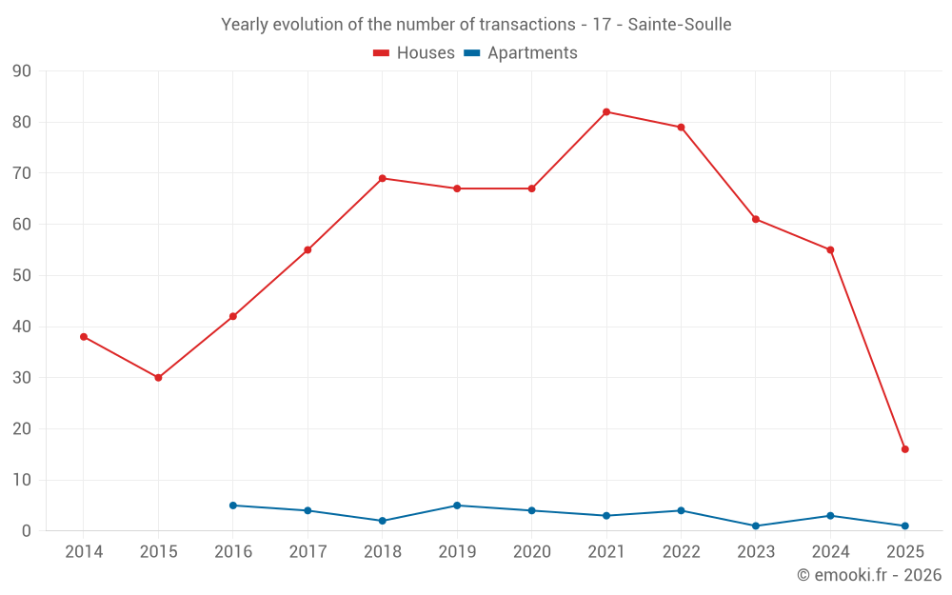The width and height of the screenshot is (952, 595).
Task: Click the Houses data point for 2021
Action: [x=606, y=112]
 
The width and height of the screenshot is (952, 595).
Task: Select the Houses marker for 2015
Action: [x=158, y=378]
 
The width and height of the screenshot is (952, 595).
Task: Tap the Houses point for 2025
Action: [x=904, y=449]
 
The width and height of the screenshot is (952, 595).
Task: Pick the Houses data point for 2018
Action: [x=382, y=178]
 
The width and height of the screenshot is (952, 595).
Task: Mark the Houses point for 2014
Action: [x=84, y=337]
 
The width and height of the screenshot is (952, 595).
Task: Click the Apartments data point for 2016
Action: [x=233, y=506]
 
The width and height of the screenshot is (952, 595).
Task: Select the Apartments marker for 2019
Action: [x=457, y=506]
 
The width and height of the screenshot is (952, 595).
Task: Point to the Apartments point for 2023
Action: [x=756, y=526]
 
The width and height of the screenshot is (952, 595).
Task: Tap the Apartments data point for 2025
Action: [x=904, y=526]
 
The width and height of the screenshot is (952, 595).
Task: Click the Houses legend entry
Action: [x=414, y=53]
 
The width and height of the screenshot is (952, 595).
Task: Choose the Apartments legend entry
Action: [x=521, y=53]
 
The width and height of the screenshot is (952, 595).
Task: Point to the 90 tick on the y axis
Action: [x=22, y=71]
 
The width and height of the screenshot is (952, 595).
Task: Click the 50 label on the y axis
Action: [x=22, y=276]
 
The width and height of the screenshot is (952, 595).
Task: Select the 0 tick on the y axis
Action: [x=27, y=531]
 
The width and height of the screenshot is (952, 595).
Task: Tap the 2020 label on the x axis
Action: [x=531, y=552]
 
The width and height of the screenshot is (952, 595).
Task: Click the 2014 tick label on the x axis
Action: [x=84, y=552]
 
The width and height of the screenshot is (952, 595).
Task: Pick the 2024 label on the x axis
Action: [x=830, y=552]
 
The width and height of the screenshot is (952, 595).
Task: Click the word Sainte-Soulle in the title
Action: [x=680, y=25]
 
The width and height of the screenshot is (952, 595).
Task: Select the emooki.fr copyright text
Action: [x=869, y=575]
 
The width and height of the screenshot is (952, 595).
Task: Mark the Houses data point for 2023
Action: [x=756, y=219]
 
